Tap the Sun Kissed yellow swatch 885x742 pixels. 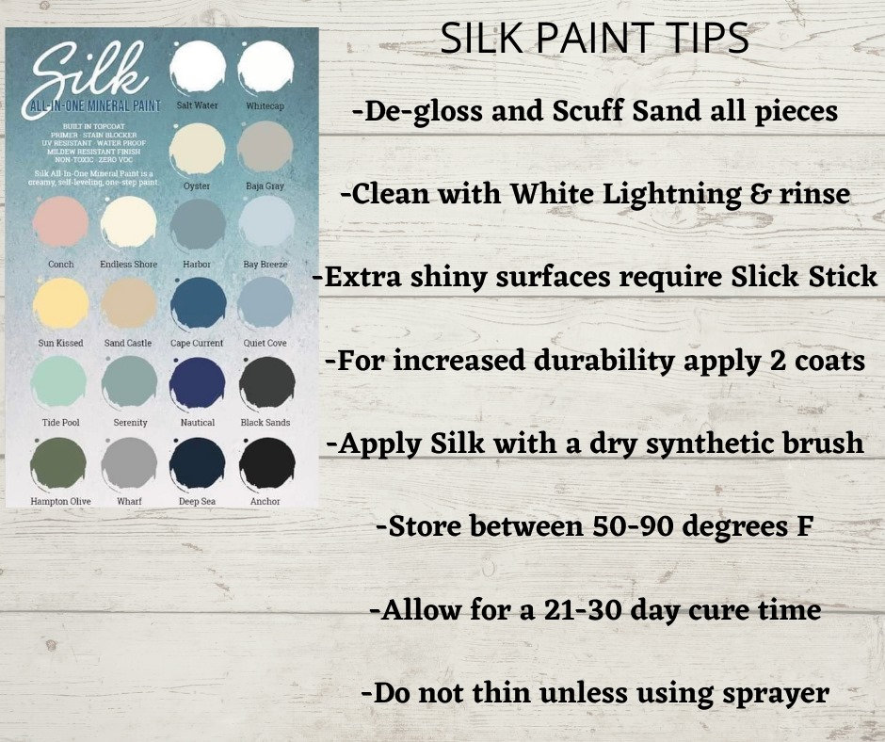pos(60,304)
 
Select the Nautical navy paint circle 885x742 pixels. pos(198,383)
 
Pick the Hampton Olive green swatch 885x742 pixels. pos(60,462)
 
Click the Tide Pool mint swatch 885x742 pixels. pos(60,383)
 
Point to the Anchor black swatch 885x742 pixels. pos(266,462)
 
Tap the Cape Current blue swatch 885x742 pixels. pos(198,304)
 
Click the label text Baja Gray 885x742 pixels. pos(265,185)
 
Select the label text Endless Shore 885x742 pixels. pos(129,265)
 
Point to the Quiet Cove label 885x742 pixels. pos(265,344)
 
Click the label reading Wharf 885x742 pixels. pos(130,502)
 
